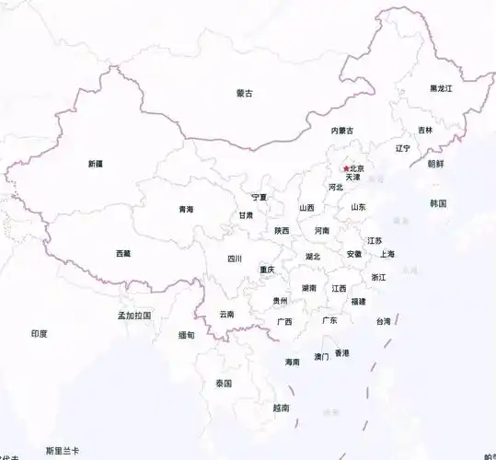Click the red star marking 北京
(x=346, y=168)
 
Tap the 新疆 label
(x=96, y=164)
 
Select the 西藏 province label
(x=123, y=253)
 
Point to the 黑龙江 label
(x=442, y=88)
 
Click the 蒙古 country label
(x=244, y=93)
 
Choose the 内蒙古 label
(x=342, y=131)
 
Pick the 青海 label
(x=187, y=210)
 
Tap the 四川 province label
(x=235, y=259)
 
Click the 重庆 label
(x=267, y=270)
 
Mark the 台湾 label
(x=383, y=321)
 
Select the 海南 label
(x=293, y=362)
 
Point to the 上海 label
(x=387, y=254)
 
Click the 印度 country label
(x=39, y=334)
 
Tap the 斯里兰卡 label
(x=63, y=451)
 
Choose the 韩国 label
(x=437, y=203)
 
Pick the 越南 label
(x=282, y=407)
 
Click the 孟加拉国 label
(x=133, y=315)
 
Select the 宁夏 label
(x=260, y=197)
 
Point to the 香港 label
(x=342, y=352)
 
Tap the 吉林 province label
(x=424, y=131)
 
